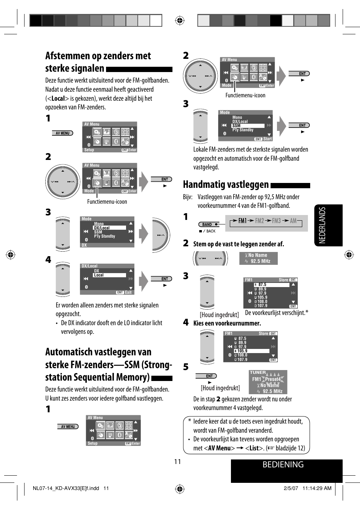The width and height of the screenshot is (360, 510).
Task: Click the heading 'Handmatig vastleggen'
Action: pos(226,184)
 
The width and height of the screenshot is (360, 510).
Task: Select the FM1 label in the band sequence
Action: pos(242,221)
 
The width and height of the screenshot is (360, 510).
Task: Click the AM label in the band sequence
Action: pos(293,221)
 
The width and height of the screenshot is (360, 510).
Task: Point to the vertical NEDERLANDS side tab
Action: pos(322,225)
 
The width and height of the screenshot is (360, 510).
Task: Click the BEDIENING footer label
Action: pos(283,464)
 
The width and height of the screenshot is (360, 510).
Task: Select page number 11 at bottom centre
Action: pos(177,462)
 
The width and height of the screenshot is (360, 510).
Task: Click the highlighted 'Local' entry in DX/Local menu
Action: pos(99,275)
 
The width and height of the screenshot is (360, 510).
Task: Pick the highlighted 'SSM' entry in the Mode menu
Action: pos(237,126)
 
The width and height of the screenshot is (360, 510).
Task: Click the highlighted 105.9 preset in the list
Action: pos(242,351)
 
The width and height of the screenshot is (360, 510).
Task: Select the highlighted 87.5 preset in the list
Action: pos(262,285)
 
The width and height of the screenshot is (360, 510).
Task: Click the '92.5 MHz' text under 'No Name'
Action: pos(260,261)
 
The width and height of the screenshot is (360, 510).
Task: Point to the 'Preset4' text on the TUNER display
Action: pos(273,379)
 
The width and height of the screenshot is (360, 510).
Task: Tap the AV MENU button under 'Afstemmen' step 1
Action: pos(63,133)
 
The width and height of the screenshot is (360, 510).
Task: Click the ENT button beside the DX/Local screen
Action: pos(165,279)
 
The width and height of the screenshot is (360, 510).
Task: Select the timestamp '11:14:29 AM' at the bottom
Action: pos(317,488)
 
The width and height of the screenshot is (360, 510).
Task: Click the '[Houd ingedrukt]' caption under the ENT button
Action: pos(220,388)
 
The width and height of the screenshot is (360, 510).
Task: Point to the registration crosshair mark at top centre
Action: pos(180,20)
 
